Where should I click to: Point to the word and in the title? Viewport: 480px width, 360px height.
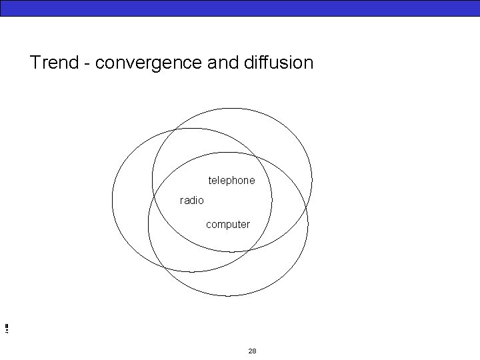(225, 63)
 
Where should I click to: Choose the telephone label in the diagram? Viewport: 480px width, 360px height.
(231, 181)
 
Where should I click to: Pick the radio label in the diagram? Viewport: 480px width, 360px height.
(192, 200)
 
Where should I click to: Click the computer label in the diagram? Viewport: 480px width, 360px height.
(228, 225)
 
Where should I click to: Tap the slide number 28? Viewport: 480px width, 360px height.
(252, 351)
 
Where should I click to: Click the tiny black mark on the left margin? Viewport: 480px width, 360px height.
(5, 327)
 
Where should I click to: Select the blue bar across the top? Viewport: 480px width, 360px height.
(240, 7)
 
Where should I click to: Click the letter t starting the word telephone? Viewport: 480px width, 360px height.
(210, 181)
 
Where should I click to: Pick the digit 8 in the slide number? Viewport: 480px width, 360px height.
(254, 351)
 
